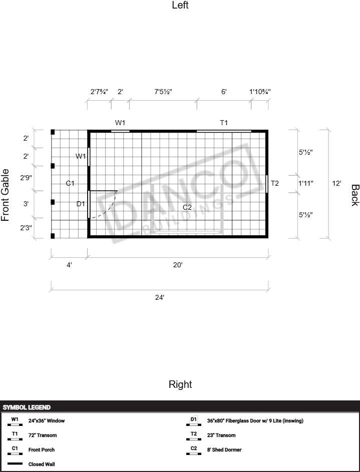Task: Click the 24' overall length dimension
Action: [160, 297]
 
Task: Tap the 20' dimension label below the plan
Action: [178, 265]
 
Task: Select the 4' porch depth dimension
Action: [69, 265]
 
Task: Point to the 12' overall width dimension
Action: [336, 183]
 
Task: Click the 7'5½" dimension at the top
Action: [163, 92]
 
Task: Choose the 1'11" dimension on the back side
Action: [306, 183]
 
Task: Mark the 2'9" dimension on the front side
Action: [26, 178]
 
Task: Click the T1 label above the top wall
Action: [224, 123]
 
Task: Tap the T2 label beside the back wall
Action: [275, 183]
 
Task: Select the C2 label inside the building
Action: [187, 207]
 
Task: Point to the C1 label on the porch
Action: [70, 183]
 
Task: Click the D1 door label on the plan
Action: [81, 204]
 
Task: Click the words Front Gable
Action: [5, 195]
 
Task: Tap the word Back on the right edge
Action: [355, 195]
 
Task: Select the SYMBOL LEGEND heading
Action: [27, 407]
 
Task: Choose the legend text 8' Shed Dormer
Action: [224, 449]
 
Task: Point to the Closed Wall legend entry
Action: [42, 464]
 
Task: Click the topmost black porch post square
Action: [53, 132]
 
